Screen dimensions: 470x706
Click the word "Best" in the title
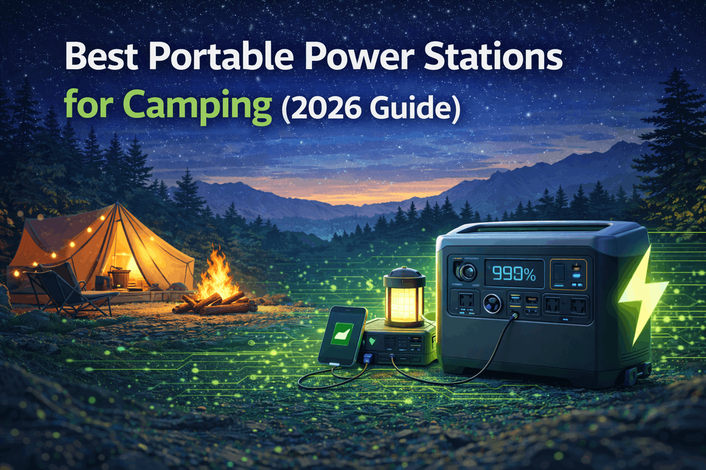pyautogui.click(x=101, y=57)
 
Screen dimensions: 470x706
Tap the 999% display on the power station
pyautogui.click(x=514, y=274)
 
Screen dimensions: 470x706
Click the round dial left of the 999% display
pyautogui.click(x=467, y=272)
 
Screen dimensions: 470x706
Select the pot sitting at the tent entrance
pyautogui.click(x=120, y=277)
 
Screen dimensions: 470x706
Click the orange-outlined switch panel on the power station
pyautogui.click(x=568, y=274)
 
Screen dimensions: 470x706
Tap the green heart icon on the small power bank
pyautogui.click(x=372, y=342)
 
